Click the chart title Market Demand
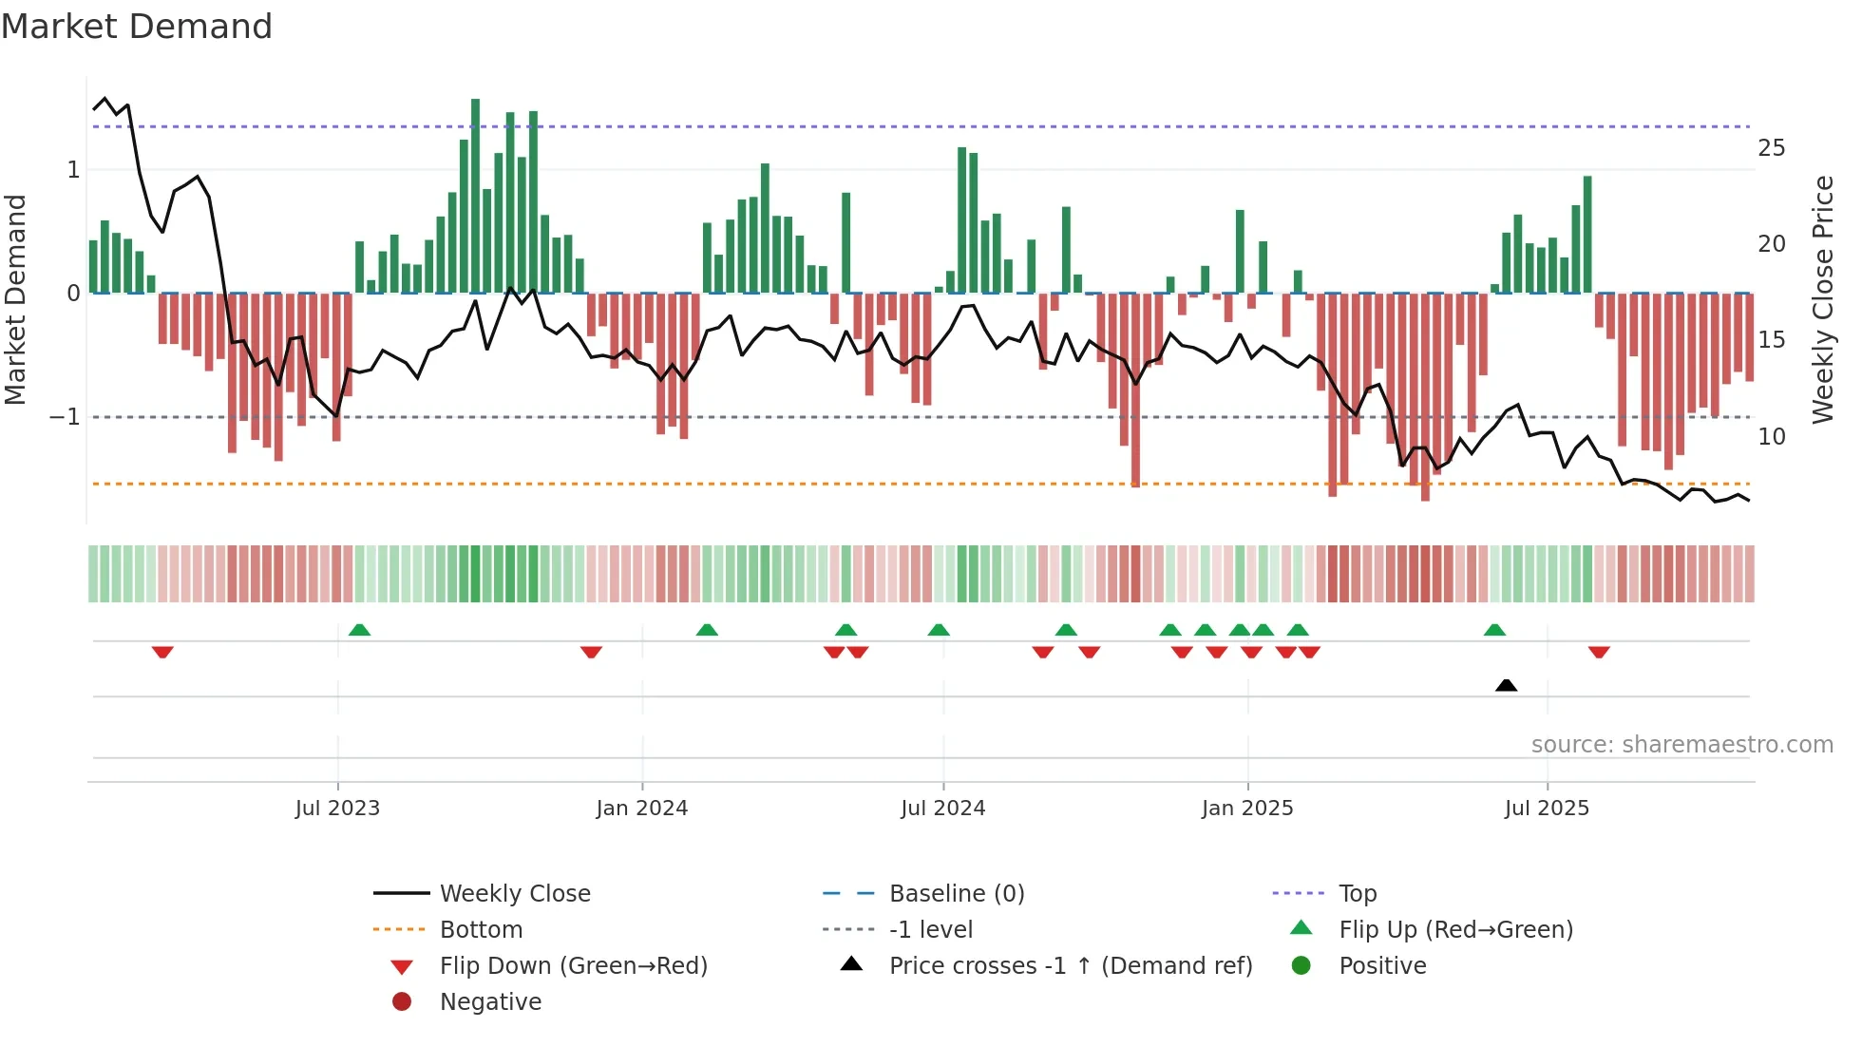click(137, 27)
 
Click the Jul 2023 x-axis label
click(337, 809)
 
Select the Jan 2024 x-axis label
click(641, 809)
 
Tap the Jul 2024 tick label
click(942, 809)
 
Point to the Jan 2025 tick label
click(1246, 809)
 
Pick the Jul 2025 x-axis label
click(1547, 809)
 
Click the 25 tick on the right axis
click(1771, 148)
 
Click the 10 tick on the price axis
click(1771, 437)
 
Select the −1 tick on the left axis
click(65, 417)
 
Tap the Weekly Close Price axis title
click(1822, 299)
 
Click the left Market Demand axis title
click(15, 299)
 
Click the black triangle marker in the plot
click(1506, 685)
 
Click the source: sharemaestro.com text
click(1681, 745)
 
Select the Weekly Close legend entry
click(514, 894)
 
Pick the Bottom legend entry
click(481, 930)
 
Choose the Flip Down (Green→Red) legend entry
click(573, 966)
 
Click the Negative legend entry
click(490, 1002)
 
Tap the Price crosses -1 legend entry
click(1070, 966)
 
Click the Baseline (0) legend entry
click(956, 894)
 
